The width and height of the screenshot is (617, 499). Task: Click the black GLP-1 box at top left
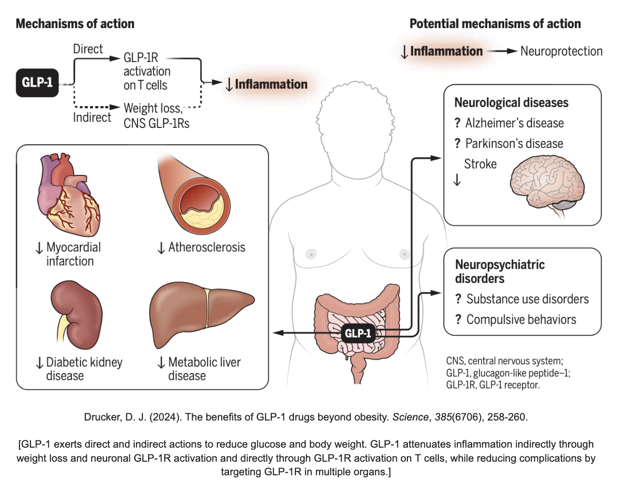[37, 82]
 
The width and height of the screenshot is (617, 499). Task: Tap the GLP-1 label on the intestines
[358, 333]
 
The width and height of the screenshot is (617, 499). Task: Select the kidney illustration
[77, 315]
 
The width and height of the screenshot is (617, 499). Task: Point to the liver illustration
[202, 314]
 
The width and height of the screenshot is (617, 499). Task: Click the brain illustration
[547, 187]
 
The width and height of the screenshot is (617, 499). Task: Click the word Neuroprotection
[561, 51]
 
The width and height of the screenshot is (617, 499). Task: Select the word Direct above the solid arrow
[88, 49]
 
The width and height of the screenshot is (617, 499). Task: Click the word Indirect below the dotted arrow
[92, 117]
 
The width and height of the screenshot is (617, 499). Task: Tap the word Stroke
[480, 164]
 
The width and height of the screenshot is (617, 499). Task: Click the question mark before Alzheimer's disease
[457, 123]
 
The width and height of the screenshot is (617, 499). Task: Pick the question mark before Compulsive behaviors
[458, 319]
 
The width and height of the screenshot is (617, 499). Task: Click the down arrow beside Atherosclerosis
[161, 248]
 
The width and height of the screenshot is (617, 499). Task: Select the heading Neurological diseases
[511, 103]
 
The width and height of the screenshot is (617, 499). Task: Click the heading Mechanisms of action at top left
[75, 24]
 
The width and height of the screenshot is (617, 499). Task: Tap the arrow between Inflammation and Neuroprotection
[502, 51]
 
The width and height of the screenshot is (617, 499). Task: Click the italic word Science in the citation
[410, 417]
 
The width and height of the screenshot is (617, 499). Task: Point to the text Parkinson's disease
[514, 143]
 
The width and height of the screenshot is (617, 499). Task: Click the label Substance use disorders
[527, 299]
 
